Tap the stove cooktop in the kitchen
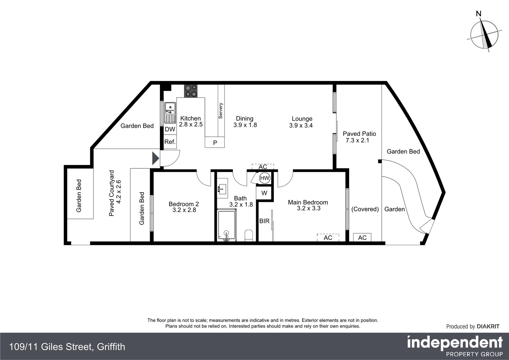pyautogui.click(x=191, y=91)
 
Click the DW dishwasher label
pyautogui.click(x=170, y=129)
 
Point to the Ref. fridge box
pyautogui.click(x=170, y=142)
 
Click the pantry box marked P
pyautogui.click(x=215, y=142)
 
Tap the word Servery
pyautogui.click(x=221, y=111)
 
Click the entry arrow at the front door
pyautogui.click(x=156, y=158)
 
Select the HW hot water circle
pyautogui.click(x=264, y=178)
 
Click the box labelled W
pyautogui.click(x=264, y=193)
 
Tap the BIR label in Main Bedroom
pyautogui.click(x=264, y=221)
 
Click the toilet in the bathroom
pyautogui.click(x=249, y=236)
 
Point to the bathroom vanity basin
pyautogui.click(x=222, y=188)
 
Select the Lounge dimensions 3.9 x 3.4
pyautogui.click(x=301, y=126)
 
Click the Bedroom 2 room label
pyautogui.click(x=184, y=204)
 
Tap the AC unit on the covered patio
pyautogui.click(x=362, y=237)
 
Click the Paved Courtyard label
pyautogui.click(x=111, y=193)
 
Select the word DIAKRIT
pyautogui.click(x=488, y=327)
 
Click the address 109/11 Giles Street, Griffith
pyautogui.click(x=67, y=347)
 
